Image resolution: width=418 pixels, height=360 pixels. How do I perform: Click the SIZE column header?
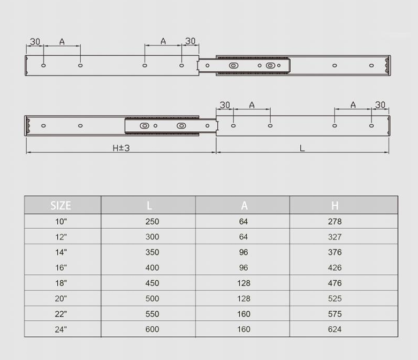tap(61, 206)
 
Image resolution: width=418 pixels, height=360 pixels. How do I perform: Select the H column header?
tap(335, 206)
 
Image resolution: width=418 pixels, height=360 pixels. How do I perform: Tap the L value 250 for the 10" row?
tap(152, 221)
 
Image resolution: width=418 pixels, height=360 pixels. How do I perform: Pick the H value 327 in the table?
tap(335, 237)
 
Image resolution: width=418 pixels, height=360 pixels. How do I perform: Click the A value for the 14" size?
tap(244, 252)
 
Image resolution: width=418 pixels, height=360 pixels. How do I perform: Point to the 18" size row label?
tap(61, 283)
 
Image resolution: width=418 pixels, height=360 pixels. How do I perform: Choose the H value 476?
tap(335, 283)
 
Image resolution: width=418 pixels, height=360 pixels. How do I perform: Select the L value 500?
tap(152, 298)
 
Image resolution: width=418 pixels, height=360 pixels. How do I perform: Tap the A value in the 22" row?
tap(244, 314)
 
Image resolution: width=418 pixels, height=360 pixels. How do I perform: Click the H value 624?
tap(335, 329)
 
